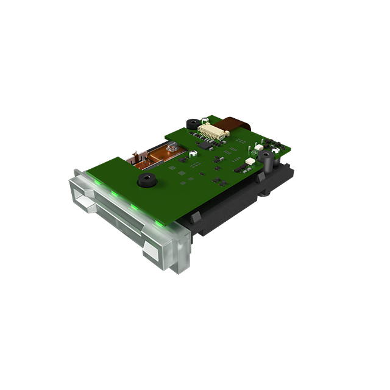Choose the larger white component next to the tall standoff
[249, 161]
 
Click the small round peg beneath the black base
[267, 194]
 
